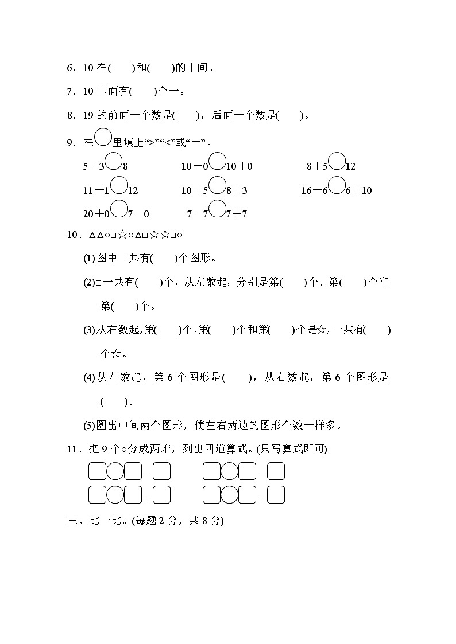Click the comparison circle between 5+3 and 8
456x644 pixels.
(113, 162)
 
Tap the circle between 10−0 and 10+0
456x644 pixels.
(217, 162)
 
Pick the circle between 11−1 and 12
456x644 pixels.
(119, 186)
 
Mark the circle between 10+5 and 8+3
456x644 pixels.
(217, 186)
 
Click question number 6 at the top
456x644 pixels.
(71, 68)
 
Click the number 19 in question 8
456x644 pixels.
(88, 115)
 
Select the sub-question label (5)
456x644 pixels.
(89, 426)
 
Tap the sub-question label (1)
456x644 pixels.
(89, 259)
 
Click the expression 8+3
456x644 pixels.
(237, 190)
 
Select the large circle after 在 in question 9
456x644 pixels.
(103, 138)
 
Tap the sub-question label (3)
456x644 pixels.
(89, 330)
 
